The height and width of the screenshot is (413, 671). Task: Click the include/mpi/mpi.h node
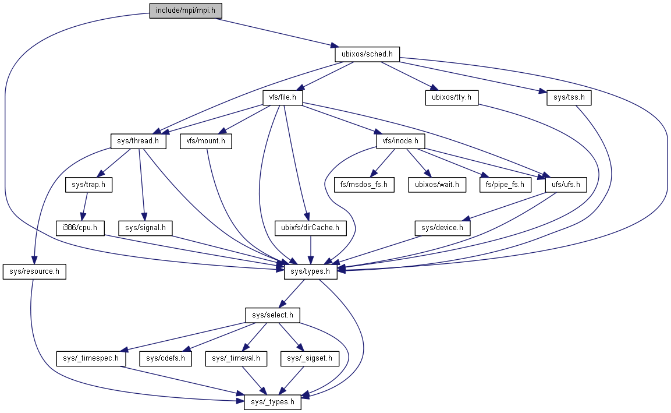pos(186,10)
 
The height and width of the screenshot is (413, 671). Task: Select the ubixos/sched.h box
pos(367,54)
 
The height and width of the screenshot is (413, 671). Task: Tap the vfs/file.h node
pos(283,98)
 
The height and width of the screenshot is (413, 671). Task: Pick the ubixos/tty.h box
pos(451,98)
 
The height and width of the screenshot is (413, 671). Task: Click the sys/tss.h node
pos(569,98)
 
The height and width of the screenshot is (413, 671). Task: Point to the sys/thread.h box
pos(139,142)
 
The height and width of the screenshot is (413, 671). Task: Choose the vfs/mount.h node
pos(205,142)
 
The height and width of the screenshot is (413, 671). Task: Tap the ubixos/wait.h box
pos(437,185)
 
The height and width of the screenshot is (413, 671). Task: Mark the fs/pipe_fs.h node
pos(505,185)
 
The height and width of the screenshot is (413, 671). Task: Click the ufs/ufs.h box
pos(565,185)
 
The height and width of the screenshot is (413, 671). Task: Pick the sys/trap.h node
pos(88,185)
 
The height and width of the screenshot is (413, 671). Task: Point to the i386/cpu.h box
pos(80,228)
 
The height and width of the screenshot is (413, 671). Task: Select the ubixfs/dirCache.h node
pos(310,228)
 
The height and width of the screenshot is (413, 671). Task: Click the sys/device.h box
pos(442,228)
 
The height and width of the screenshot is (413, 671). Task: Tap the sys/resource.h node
pos(34,271)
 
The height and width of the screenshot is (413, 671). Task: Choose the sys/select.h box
pos(272,315)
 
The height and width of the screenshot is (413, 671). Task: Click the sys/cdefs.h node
pos(166,358)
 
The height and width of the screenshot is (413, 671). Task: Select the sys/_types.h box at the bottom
pos(272,402)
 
